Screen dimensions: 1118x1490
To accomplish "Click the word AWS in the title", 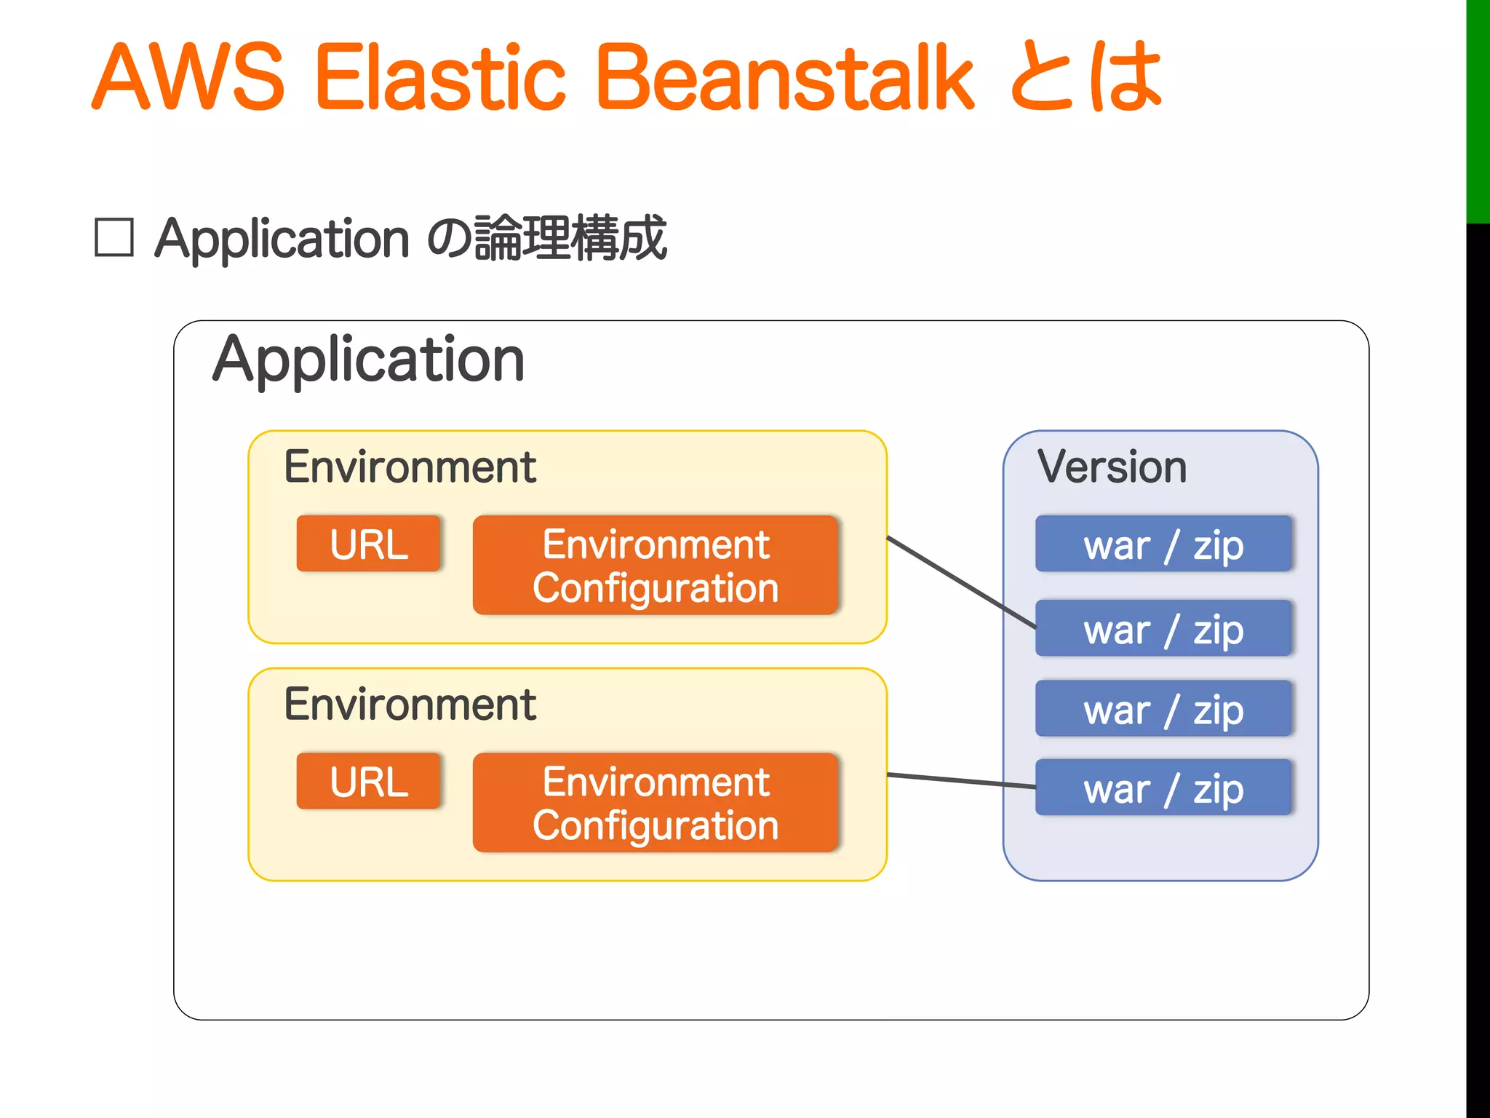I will click(x=188, y=78).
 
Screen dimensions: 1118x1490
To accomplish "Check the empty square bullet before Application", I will click(x=114, y=238).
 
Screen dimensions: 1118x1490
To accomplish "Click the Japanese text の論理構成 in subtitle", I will click(x=546, y=238).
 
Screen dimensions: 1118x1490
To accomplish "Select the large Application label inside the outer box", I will click(x=368, y=360).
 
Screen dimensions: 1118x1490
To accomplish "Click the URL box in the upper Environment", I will click(x=369, y=544).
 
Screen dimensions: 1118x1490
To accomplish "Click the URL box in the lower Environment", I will click(x=369, y=781).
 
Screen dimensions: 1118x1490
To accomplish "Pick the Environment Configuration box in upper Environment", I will click(x=656, y=566).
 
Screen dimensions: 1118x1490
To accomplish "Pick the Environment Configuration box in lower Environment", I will click(x=656, y=803).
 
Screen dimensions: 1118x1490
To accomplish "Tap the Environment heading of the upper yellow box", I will click(x=410, y=467).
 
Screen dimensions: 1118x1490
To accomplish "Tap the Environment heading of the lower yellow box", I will click(x=410, y=705).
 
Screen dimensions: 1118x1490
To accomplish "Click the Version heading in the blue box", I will click(x=1112, y=467).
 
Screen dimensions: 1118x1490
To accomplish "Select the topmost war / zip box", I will click(x=1163, y=544).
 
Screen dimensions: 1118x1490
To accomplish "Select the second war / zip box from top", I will click(x=1163, y=628).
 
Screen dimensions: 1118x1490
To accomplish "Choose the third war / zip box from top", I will click(x=1163, y=709).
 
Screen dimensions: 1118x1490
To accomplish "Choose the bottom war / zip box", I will click(x=1163, y=788).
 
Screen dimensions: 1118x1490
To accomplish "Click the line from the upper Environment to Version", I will click(x=960, y=582).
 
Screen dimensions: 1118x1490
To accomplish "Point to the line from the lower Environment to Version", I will click(x=960, y=781).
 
